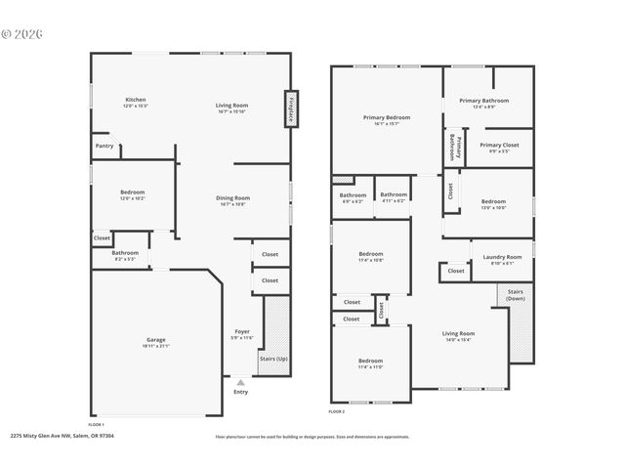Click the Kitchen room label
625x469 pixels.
[x=135, y=100]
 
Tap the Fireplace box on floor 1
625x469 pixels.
[x=290, y=109]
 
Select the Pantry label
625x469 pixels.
[x=104, y=146]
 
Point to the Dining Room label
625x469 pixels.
[x=232, y=198]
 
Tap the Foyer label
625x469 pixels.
[x=240, y=332]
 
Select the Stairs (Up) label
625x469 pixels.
[x=272, y=358]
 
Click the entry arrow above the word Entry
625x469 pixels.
[x=240, y=381]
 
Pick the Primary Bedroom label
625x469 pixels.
[x=386, y=117]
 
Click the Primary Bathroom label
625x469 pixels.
[x=483, y=101]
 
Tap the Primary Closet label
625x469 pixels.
[x=498, y=145]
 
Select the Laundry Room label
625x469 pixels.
[x=502, y=257]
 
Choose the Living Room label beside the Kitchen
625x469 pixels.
[x=231, y=105]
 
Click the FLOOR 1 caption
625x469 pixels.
[x=96, y=425]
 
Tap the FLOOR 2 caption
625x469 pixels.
[x=336, y=413]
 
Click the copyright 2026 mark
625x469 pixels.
[x=21, y=33]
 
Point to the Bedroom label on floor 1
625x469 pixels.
[x=132, y=192]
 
